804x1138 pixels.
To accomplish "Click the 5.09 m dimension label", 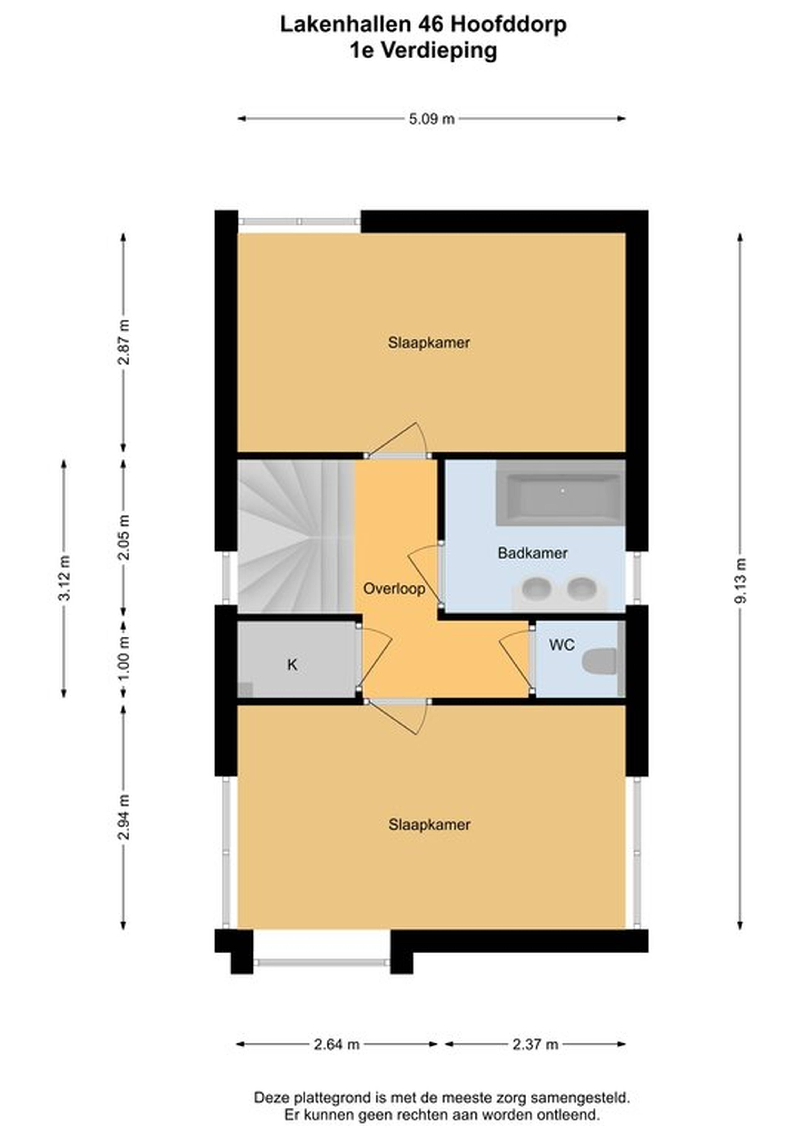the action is (432, 119).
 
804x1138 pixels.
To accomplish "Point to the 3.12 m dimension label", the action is (64, 578).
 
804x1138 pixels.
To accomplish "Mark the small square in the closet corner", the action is (246, 690).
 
